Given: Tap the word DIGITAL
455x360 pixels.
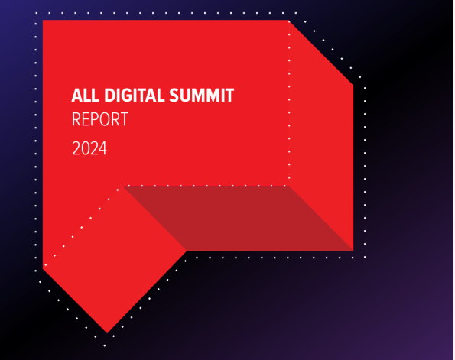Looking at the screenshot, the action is tap(135, 95).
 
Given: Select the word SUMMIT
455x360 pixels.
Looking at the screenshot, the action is tap(202, 95).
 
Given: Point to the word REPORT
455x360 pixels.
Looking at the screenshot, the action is tap(100, 119).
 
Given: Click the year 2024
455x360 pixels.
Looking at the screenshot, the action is tap(89, 148).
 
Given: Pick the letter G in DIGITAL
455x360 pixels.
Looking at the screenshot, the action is tap(128, 95).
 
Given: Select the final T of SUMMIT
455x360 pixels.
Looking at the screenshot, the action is tap(229, 95).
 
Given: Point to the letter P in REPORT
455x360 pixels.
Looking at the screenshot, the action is tap(96, 119).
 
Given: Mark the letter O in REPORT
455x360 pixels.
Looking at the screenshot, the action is tap(106, 119).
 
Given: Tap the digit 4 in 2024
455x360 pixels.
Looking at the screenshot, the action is tap(102, 148).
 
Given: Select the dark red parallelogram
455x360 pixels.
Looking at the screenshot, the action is tap(237, 218).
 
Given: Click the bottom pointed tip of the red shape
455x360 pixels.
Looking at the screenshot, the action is tap(107, 333).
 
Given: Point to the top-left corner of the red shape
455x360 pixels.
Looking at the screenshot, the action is tap(43, 20).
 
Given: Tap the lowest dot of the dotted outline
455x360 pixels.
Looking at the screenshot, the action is tap(105, 345).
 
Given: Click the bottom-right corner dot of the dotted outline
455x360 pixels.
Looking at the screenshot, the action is tap(365, 257).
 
